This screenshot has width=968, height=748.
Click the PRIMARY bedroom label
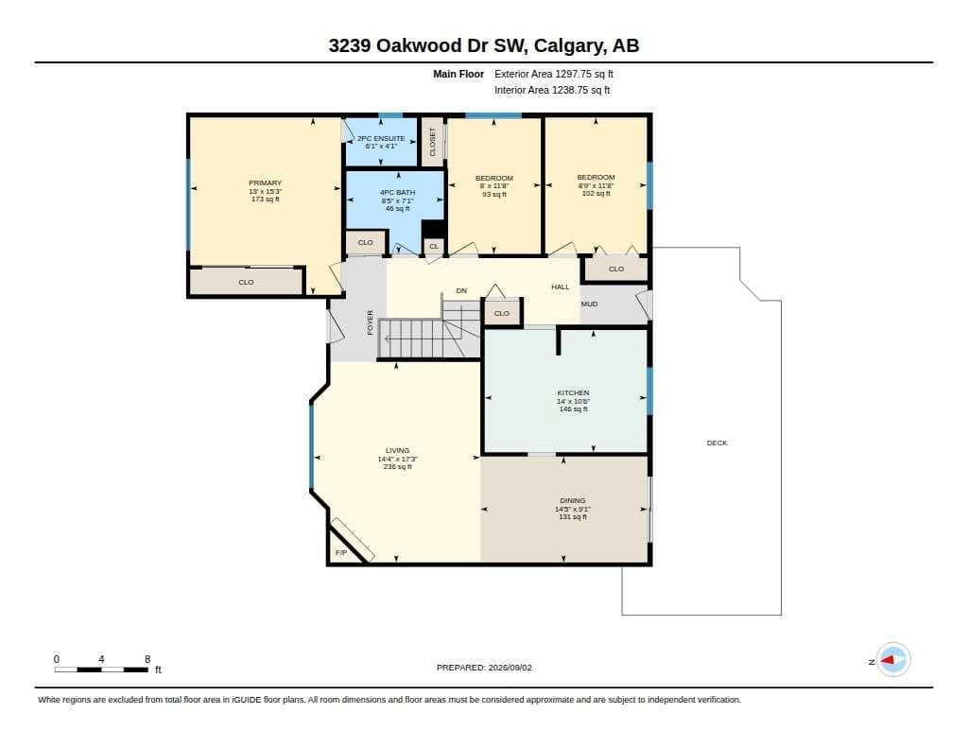tap(265, 183)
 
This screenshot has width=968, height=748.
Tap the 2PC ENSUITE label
tap(381, 138)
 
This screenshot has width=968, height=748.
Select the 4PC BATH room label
tap(398, 193)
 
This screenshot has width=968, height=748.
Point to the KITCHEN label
tap(573, 392)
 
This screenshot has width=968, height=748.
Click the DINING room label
tap(573, 501)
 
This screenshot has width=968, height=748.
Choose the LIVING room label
tap(398, 451)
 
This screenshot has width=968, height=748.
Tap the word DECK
tap(717, 443)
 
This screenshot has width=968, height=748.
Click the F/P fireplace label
tap(340, 553)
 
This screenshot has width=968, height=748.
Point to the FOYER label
tap(370, 322)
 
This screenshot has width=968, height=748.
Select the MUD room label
tap(589, 304)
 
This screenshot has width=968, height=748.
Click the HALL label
tap(561, 287)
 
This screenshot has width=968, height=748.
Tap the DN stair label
tap(461, 290)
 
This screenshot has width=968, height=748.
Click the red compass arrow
tap(888, 660)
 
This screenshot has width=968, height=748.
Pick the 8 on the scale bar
tap(147, 659)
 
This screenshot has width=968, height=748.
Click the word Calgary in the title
tap(568, 45)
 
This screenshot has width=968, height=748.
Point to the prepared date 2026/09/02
tap(510, 668)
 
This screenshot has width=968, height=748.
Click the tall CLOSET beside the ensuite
tap(432, 142)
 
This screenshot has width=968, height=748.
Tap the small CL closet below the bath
tap(434, 247)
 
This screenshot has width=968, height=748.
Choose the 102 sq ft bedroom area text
tap(596, 193)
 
